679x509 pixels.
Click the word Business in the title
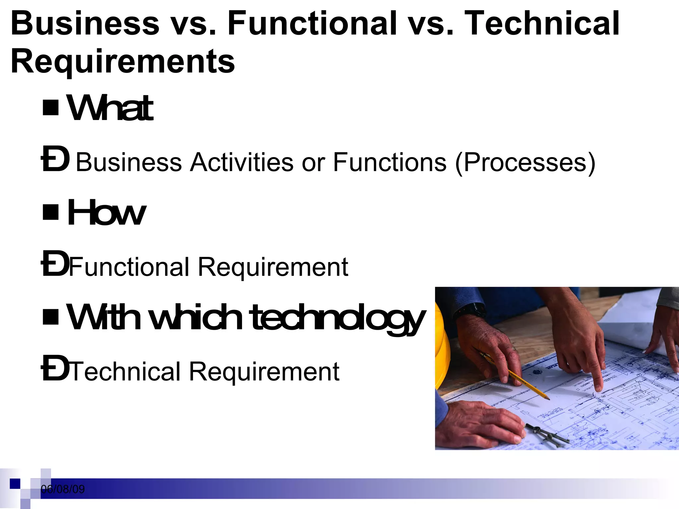[x=85, y=23]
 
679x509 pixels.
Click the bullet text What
[x=110, y=108]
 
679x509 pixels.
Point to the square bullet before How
[x=51, y=212]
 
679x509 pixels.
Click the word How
[x=106, y=213]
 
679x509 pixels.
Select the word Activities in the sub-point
[x=241, y=162]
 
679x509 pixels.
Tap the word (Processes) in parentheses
[x=525, y=162]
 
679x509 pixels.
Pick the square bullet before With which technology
[x=51, y=316]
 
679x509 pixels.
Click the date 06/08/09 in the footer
[x=63, y=489]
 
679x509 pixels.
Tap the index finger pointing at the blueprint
[x=597, y=381]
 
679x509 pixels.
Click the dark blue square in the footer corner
[x=15, y=484]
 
